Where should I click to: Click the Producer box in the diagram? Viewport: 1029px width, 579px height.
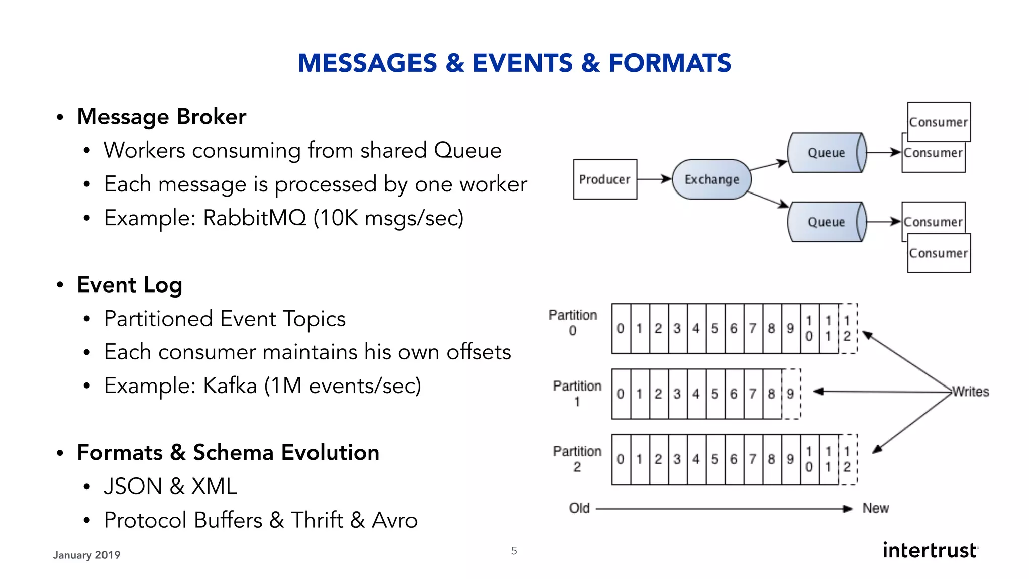605,179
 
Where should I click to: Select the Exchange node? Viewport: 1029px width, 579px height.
711,179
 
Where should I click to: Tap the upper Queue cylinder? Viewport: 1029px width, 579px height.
826,153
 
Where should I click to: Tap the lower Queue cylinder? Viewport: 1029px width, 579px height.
826,222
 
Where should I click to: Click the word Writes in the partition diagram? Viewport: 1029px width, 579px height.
970,392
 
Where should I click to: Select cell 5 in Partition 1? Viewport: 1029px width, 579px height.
715,394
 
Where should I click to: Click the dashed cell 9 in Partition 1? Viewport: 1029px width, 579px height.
791,394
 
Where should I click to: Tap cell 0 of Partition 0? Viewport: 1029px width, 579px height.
621,328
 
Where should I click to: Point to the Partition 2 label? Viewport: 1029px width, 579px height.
577,458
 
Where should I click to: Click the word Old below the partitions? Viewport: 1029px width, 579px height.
579,508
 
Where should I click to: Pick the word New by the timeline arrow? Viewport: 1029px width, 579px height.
875,508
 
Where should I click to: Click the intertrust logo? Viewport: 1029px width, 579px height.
930,550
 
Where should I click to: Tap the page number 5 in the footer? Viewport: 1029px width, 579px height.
514,551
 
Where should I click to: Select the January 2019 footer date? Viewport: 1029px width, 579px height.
86,555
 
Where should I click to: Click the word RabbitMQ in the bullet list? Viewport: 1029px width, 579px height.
254,218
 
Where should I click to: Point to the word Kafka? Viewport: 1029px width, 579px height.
230,386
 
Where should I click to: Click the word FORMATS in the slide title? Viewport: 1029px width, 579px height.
669,63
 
